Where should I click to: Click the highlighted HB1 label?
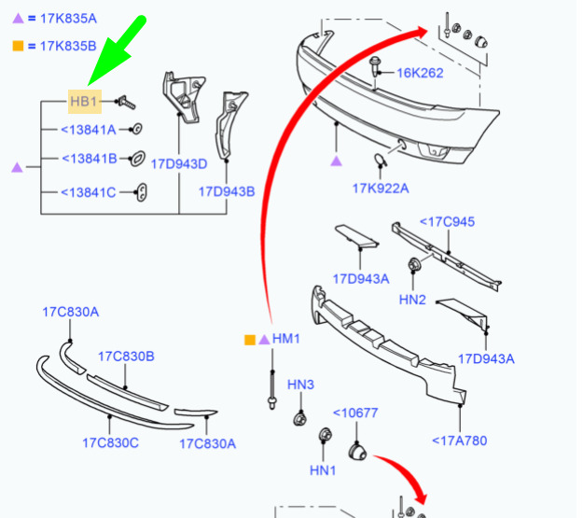[84, 101]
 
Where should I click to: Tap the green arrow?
[117, 49]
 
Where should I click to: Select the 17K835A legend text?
[68, 19]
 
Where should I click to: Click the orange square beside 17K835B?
[18, 46]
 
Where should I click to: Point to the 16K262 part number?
[420, 73]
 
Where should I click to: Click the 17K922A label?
[381, 189]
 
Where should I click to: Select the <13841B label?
[90, 159]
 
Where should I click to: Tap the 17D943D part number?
[179, 164]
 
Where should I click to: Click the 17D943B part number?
[227, 191]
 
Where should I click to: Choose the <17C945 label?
[448, 222]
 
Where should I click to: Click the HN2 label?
[412, 300]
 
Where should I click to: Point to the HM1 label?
[286, 339]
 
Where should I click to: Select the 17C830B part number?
[126, 357]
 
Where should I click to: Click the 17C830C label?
[110, 443]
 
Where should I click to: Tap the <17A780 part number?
[460, 441]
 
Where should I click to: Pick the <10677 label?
[355, 413]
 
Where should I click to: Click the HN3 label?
[300, 385]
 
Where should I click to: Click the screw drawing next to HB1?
[125, 103]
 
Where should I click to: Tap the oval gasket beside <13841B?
[137, 160]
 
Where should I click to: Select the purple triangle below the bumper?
[336, 161]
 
